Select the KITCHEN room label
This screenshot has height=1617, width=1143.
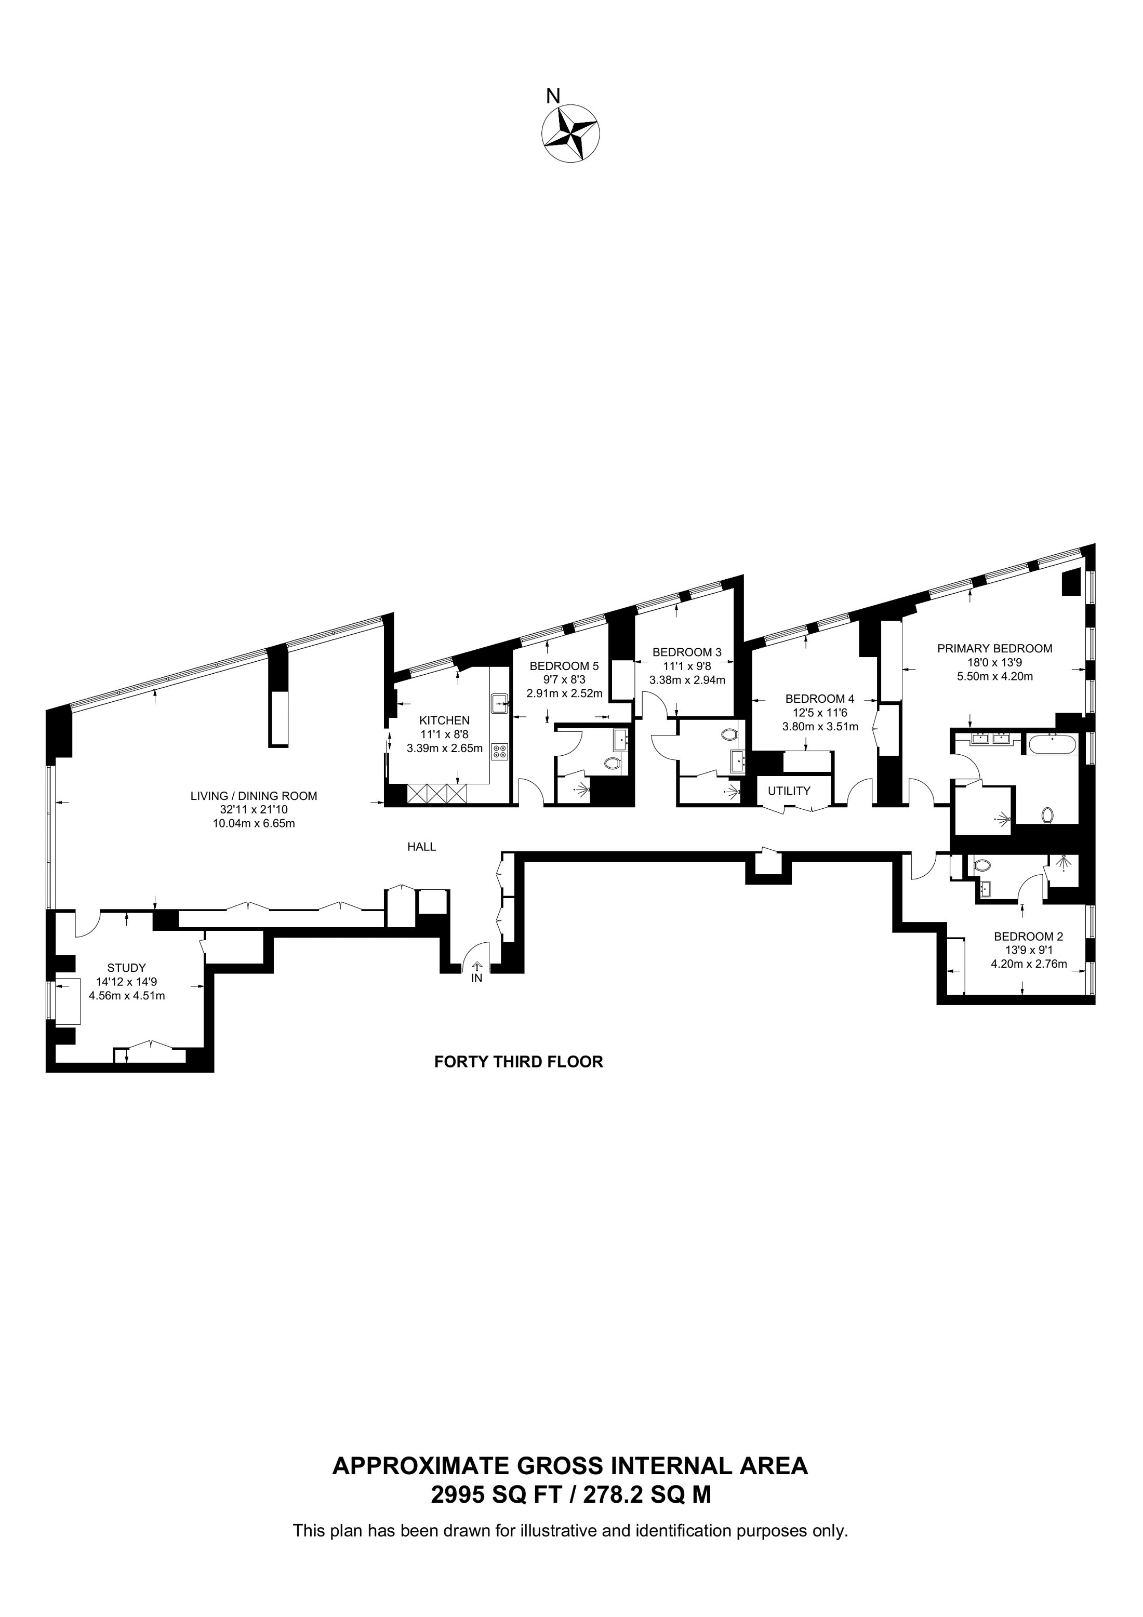pos(444,720)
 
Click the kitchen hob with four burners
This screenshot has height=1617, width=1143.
pos(500,752)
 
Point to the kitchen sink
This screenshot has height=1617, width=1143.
pos(500,701)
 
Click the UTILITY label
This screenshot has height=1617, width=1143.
pos(789,791)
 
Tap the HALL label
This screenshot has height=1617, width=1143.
pos(422,847)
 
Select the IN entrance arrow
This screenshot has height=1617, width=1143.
pos(477,968)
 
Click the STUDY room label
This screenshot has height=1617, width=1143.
pos(127,968)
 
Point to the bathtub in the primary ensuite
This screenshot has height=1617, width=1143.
pos(1053,744)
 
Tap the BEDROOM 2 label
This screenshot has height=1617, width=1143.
pos(1028,937)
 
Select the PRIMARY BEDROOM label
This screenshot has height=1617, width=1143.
pos(994,649)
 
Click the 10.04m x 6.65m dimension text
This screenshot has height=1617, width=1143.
pos(254,823)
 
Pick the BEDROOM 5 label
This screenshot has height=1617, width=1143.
pos(564,665)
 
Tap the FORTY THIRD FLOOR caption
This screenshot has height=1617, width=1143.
pos(519,1061)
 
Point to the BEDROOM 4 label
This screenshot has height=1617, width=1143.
pos(820,699)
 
